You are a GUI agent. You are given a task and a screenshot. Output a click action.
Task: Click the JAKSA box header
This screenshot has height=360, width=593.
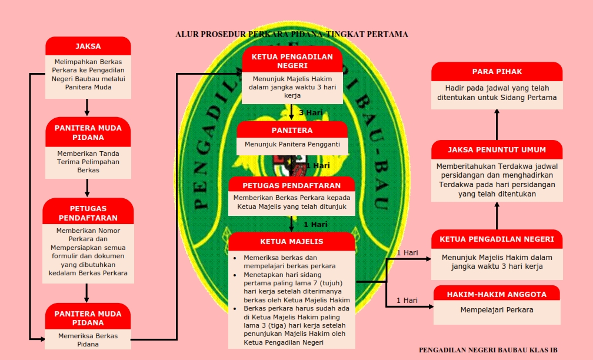click(x=88, y=46)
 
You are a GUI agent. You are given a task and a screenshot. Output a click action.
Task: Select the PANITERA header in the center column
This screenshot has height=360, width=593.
click(x=292, y=130)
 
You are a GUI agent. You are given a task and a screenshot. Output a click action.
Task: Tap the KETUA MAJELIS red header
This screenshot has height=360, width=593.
click(x=292, y=241)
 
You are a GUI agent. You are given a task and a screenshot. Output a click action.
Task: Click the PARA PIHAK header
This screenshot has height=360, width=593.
click(x=497, y=72)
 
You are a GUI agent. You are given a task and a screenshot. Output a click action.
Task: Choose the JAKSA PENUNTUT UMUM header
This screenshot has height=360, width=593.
click(x=497, y=149)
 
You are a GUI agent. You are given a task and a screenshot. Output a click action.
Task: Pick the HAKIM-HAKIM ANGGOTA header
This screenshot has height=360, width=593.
click(x=497, y=294)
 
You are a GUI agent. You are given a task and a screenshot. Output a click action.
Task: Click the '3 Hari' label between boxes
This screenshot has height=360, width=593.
click(x=309, y=113)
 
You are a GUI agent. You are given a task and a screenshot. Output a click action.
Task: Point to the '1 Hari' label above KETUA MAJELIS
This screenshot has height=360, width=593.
click(x=316, y=224)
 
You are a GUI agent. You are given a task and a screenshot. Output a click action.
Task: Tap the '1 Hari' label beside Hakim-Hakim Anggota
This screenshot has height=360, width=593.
click(x=407, y=301)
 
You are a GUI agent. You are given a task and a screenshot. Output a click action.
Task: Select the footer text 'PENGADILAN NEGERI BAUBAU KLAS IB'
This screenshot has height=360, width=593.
click(x=488, y=350)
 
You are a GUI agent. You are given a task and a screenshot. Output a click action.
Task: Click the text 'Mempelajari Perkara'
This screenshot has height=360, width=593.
click(x=497, y=310)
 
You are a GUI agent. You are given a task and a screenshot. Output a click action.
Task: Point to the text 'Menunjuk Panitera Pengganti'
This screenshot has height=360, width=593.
click(x=292, y=144)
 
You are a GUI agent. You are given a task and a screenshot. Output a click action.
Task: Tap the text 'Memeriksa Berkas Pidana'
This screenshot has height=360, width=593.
click(x=88, y=340)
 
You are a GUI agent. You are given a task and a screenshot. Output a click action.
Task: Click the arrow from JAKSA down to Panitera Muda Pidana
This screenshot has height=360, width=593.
click(x=87, y=108)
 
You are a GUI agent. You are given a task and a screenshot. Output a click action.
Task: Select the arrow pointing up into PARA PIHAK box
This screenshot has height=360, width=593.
click(x=497, y=115)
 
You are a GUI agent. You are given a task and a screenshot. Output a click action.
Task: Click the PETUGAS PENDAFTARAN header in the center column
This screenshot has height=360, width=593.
click(x=292, y=185)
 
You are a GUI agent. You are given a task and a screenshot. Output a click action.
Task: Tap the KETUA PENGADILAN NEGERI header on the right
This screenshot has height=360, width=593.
click(x=497, y=239)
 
